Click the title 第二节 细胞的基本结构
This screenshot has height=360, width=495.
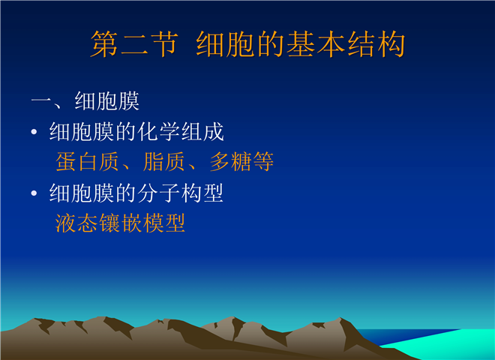point(247,44)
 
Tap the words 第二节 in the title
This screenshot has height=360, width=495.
point(134,44)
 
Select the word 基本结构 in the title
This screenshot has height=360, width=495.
point(346,44)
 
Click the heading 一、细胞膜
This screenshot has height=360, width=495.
point(85,101)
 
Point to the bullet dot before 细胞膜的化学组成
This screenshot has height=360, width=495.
point(34,132)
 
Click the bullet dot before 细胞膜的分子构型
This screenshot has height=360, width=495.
point(34,193)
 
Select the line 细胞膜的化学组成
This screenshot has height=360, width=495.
point(136,132)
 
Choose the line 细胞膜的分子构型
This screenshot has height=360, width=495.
point(136,193)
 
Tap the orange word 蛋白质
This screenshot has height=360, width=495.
point(88,162)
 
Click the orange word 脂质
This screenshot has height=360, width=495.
point(163,162)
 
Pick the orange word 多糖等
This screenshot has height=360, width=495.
point(241,162)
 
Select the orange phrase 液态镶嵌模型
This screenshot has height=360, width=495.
point(120,223)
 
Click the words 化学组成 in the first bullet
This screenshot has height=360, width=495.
point(181,132)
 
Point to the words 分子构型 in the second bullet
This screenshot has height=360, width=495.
point(180,193)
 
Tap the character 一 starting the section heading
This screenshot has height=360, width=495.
point(41,101)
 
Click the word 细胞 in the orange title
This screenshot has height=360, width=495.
point(226,44)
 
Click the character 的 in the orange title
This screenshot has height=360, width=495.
point(271,44)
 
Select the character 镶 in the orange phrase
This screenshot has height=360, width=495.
point(109,223)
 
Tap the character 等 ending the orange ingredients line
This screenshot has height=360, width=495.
point(263,162)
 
